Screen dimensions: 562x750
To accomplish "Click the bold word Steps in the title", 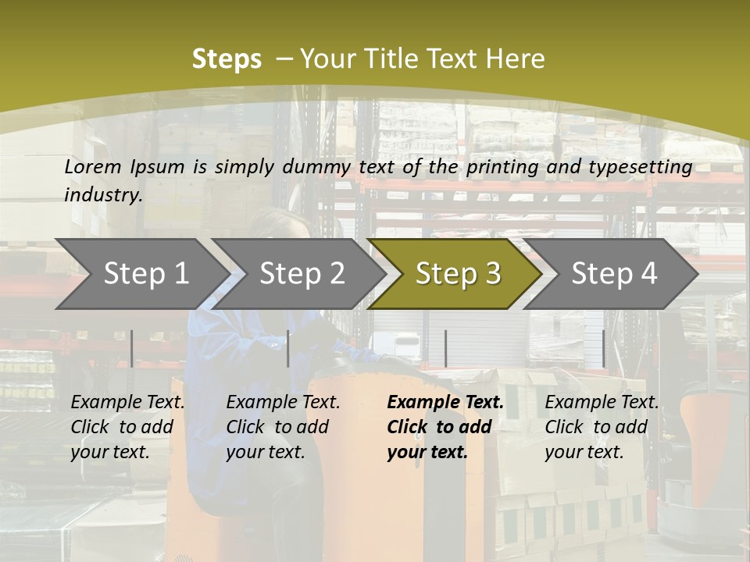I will click(227, 59).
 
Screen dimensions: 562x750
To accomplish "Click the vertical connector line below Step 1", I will click(132, 348).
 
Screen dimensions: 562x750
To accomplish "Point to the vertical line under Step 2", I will click(288, 348).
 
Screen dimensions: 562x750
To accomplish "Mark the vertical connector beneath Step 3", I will click(445, 348).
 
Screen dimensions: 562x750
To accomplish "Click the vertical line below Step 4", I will click(603, 348).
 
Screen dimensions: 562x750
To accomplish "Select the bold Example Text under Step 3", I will click(445, 403).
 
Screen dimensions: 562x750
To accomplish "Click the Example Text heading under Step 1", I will click(127, 403).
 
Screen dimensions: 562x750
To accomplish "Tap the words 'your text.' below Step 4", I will click(584, 452).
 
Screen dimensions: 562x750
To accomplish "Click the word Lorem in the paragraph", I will click(93, 166).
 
